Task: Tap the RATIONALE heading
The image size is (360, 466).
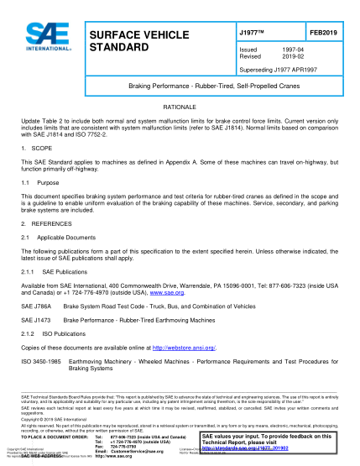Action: pyautogui.click(x=180, y=110)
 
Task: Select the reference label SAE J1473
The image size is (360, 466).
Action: pyautogui.click(x=35, y=321)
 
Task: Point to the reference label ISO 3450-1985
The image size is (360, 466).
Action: pyautogui.click(x=39, y=360)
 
